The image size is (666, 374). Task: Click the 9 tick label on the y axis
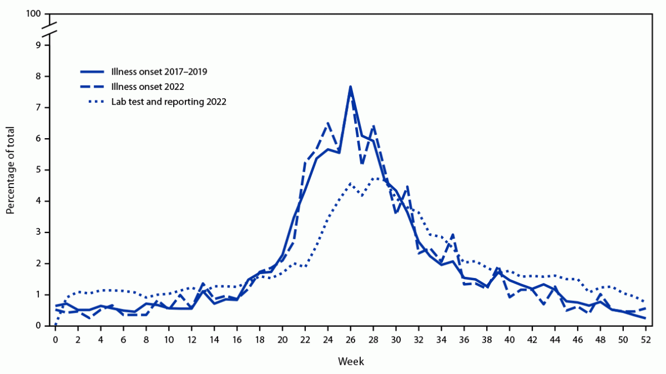coord(38,45)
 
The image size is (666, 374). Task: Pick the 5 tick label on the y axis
coord(38,170)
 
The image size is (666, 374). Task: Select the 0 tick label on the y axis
coord(38,326)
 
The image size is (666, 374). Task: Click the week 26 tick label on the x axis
coord(351,340)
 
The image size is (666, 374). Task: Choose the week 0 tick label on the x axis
coord(56,340)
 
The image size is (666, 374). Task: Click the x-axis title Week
coord(351,361)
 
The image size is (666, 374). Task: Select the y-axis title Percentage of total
coord(11,170)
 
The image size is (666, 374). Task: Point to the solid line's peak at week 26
coord(351,86)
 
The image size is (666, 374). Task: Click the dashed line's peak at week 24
coord(328,122)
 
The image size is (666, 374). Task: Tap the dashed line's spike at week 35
coord(453,234)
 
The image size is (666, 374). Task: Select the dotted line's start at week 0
coord(56,325)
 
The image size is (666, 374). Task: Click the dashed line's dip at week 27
coord(362,163)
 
